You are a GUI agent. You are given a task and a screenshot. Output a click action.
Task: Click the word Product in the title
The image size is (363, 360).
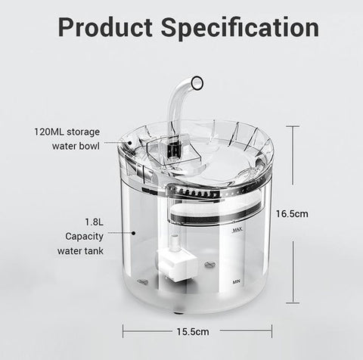point(105,27)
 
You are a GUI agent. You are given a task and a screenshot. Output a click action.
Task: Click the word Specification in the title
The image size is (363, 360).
point(240,28)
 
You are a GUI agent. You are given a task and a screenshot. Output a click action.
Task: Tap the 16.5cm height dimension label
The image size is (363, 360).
point(292,214)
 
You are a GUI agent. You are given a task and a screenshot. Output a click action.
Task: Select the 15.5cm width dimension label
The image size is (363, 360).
point(193,331)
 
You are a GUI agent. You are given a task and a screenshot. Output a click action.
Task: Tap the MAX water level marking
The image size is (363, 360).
point(237,230)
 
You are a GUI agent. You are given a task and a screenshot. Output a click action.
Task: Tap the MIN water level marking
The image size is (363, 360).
point(237,281)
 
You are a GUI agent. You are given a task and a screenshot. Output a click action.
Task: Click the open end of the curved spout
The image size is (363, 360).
point(197,82)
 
